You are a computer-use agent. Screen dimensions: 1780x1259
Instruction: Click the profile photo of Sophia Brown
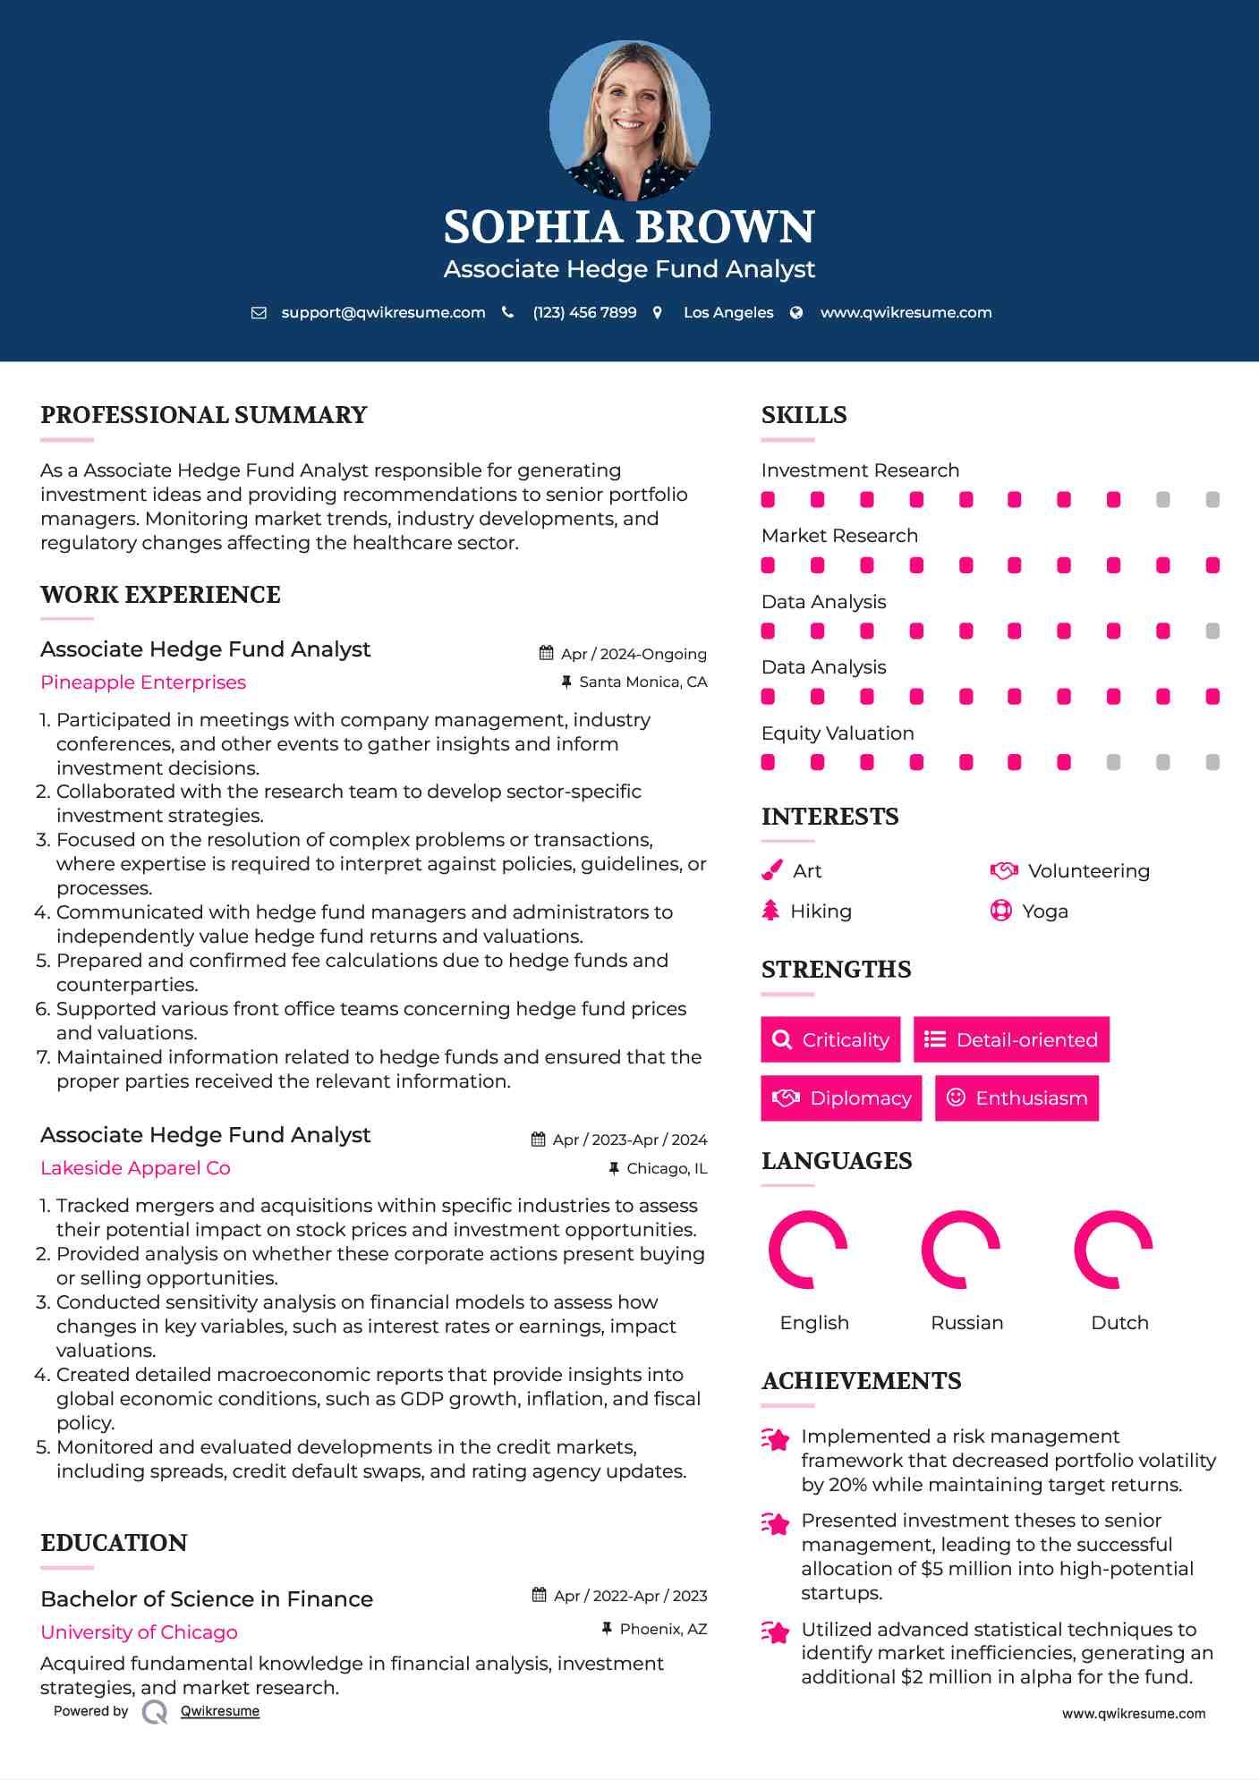tap(629, 120)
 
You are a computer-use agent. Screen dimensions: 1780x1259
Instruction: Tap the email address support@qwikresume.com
tap(383, 312)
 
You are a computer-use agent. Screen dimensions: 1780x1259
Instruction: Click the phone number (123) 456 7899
tap(584, 312)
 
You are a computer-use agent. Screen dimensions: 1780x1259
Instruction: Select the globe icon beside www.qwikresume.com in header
tap(796, 312)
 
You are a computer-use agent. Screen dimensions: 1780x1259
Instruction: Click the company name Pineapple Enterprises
tap(143, 682)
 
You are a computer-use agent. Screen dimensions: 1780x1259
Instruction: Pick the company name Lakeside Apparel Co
tap(135, 1168)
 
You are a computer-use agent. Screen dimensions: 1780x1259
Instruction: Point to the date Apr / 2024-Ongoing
tap(634, 654)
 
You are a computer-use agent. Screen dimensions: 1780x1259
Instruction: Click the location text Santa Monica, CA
tap(642, 682)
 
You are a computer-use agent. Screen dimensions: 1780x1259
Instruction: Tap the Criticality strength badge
tap(830, 1039)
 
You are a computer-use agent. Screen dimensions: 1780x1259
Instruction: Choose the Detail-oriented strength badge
tap(1011, 1039)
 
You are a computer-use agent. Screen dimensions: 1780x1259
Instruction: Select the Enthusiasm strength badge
tap(1017, 1098)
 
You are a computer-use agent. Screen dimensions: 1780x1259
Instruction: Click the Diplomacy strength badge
tap(841, 1098)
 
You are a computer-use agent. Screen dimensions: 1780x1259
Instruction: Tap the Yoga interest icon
tap(1000, 911)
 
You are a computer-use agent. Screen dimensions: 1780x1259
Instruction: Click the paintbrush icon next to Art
tap(771, 870)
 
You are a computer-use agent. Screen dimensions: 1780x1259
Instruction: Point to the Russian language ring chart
tap(961, 1250)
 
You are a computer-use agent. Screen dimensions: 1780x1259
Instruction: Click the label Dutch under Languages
tap(1119, 1323)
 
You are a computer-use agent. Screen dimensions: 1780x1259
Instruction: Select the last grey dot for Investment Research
tap(1212, 500)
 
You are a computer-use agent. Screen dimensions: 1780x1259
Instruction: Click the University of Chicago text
tap(139, 1632)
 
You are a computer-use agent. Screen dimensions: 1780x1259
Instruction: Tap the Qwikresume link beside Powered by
tap(220, 1711)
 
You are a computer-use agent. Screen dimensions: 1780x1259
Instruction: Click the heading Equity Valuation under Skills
tap(838, 733)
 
